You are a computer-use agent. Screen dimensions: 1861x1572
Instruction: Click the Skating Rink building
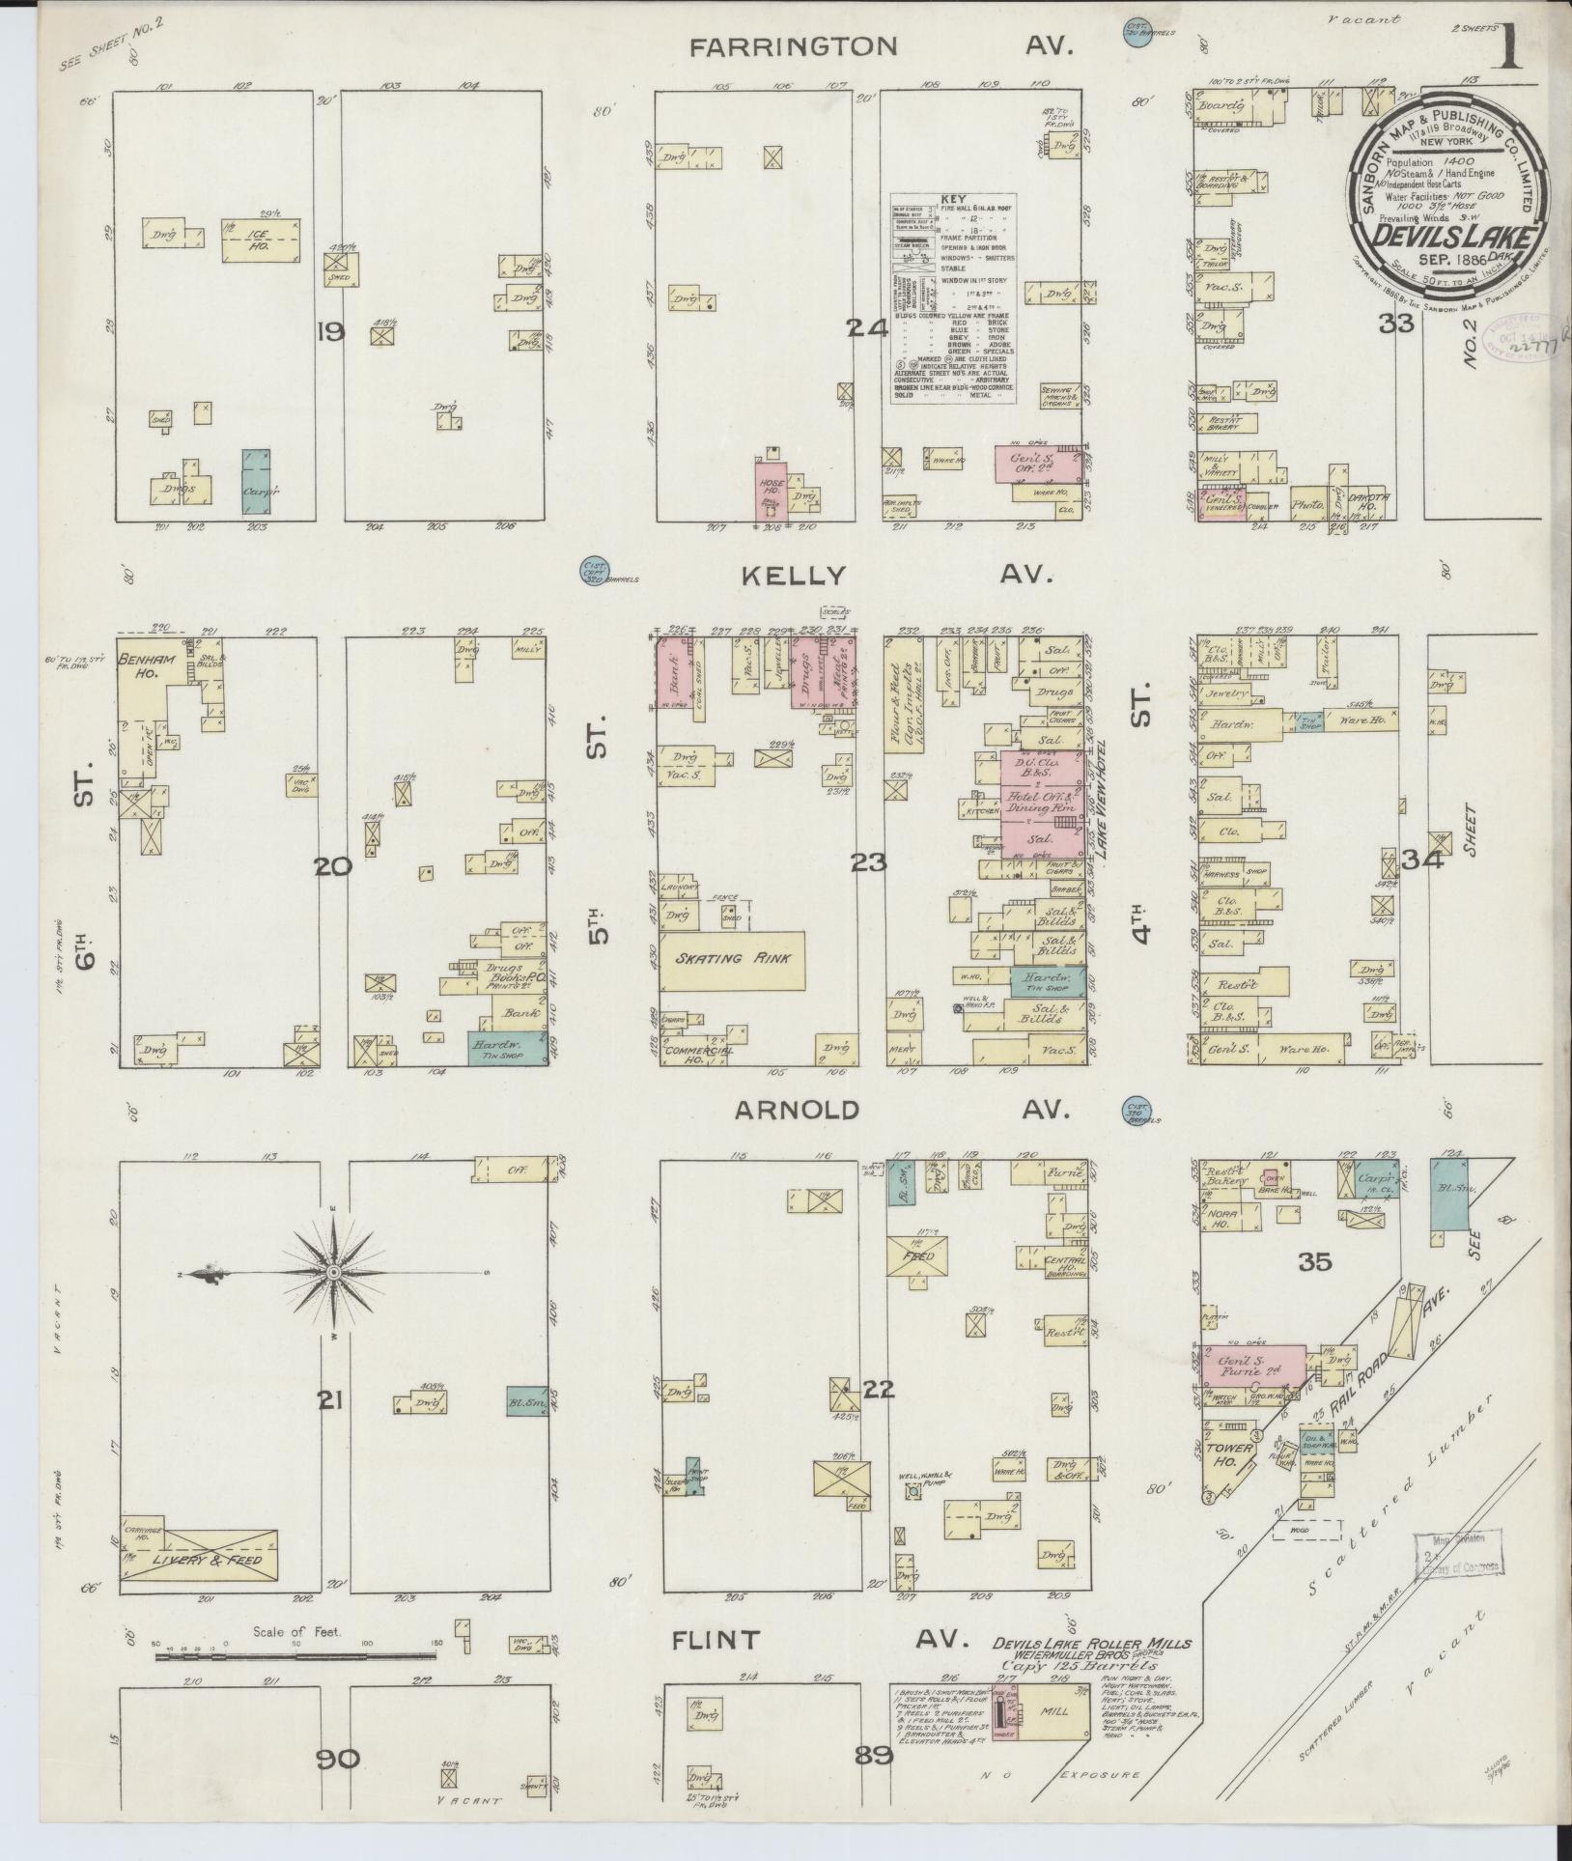click(x=734, y=960)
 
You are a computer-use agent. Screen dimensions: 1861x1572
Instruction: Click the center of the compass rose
click(x=333, y=1274)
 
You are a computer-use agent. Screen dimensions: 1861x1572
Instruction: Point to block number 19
click(x=330, y=333)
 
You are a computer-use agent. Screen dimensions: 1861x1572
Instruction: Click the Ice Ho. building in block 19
click(x=259, y=241)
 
